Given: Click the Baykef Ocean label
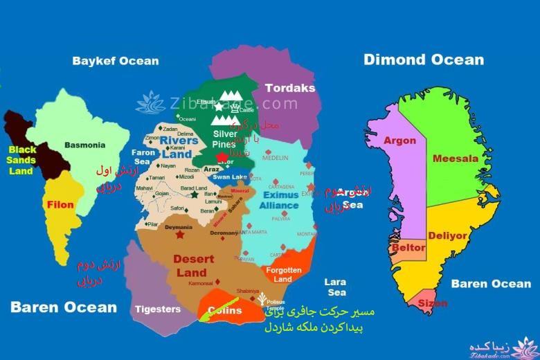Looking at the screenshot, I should tap(116, 61).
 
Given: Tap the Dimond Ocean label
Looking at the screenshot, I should tap(424, 60).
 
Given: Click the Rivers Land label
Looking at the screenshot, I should tap(179, 147).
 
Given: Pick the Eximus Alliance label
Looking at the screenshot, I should tap(280, 200).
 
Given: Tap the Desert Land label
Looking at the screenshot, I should tap(190, 266).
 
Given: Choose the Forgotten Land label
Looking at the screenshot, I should tap(283, 275).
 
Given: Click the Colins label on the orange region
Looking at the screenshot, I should tap(225, 311).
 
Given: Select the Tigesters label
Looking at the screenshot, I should tap(158, 309).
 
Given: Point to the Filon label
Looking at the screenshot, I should tap(61, 205).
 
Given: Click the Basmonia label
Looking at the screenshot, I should tap(84, 145).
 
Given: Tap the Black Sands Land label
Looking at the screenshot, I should tap(21, 160).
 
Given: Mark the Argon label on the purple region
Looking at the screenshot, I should tap(399, 141).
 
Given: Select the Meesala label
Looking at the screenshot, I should tap(455, 159).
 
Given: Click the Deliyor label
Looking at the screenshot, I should tap(447, 235).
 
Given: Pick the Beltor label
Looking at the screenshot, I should tap(408, 247).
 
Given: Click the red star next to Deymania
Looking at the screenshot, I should tap(181, 235).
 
